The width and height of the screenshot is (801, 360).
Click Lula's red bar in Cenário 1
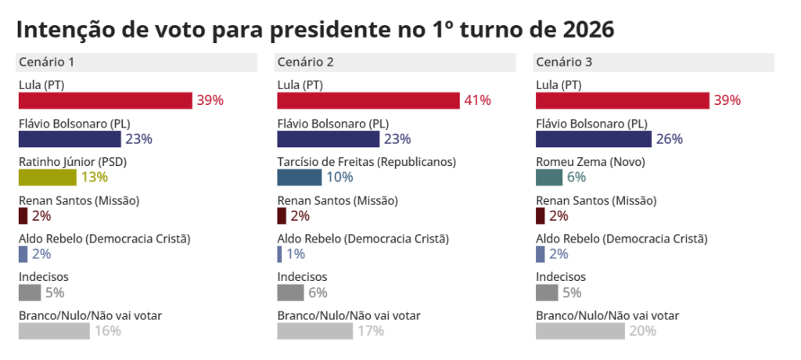[x=106, y=100]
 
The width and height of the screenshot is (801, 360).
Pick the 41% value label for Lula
[x=477, y=100]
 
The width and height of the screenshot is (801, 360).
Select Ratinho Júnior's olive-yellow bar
[x=47, y=177]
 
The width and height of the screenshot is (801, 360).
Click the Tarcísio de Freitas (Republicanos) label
[x=367, y=162]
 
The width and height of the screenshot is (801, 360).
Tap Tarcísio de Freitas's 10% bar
[x=299, y=177]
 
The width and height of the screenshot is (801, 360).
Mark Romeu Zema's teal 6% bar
[x=549, y=177]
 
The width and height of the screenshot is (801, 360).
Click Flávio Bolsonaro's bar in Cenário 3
[x=594, y=139]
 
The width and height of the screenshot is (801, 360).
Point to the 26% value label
[x=670, y=139]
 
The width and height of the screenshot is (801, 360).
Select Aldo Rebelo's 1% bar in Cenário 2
[x=279, y=254]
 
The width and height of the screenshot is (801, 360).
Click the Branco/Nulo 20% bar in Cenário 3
[x=580, y=330]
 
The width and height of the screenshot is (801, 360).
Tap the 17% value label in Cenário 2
[x=371, y=330]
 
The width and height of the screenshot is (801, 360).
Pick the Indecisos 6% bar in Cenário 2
[x=290, y=292]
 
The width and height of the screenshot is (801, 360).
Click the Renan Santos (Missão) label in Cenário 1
[x=79, y=200]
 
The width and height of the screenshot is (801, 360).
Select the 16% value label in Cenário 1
[x=108, y=330]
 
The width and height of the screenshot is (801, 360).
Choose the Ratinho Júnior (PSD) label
[x=73, y=162]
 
